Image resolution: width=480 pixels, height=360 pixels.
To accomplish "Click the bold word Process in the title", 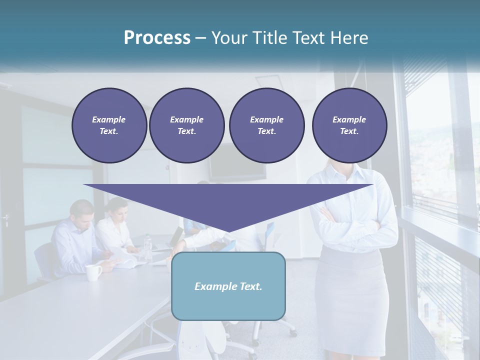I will [x=157, y=38].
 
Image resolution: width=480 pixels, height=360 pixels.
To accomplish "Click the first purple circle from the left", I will [x=109, y=125].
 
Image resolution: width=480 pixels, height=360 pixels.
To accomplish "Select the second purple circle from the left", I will [x=186, y=125].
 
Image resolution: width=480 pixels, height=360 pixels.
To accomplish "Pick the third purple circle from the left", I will [x=266, y=125].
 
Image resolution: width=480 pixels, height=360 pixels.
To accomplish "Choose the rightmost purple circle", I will [x=349, y=125].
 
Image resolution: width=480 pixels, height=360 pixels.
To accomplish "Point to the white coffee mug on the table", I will [x=92, y=272].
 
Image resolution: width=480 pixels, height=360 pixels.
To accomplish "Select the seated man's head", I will [x=82, y=212].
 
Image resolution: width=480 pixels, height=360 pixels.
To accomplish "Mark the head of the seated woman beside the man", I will [x=118, y=209].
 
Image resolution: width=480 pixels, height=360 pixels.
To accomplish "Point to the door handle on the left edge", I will [x=6, y=218].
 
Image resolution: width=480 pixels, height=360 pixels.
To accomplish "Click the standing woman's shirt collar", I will [x=345, y=170].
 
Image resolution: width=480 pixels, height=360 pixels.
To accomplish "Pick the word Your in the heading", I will [x=228, y=38].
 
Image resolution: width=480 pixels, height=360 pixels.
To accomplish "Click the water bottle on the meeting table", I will [x=147, y=245].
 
